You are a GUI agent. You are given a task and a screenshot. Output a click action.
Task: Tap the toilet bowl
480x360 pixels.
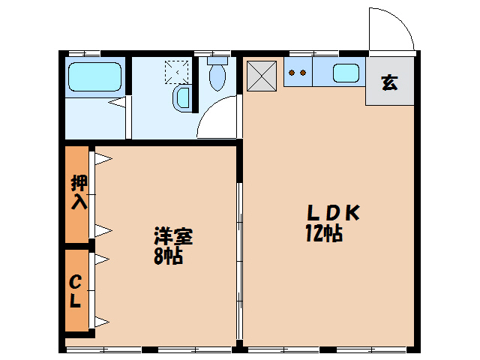pos(217,74)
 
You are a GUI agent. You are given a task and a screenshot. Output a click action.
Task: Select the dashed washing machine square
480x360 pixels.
pos(177,71)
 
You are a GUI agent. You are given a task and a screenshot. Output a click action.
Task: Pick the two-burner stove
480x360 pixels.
pos(298,73)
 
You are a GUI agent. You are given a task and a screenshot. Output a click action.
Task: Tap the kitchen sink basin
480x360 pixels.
pos(346,73)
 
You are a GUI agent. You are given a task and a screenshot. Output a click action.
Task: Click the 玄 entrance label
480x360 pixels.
pos(389,82)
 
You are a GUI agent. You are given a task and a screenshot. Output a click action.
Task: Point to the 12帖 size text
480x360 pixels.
pos(324,234)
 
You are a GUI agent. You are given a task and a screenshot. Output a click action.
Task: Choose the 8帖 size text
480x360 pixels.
pos(169,256)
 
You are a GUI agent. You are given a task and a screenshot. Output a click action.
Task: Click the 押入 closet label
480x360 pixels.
pos(78,193)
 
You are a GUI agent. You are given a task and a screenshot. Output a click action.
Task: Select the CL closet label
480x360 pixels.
pos(76,292)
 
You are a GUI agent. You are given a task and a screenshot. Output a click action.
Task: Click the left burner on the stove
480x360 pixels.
pos(292,73)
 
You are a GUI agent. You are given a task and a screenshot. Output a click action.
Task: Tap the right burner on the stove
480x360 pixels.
pos(303,73)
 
